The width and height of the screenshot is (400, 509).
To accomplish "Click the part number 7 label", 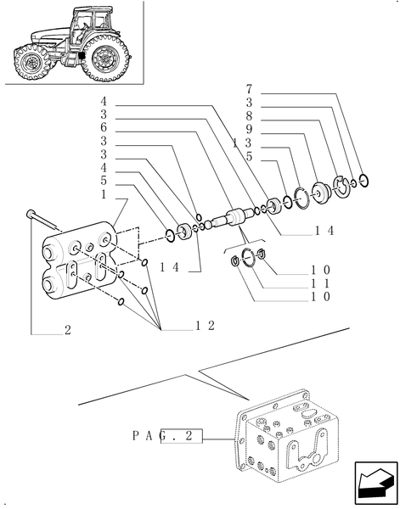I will click(x=249, y=88).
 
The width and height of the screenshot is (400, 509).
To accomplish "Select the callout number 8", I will click(x=249, y=115).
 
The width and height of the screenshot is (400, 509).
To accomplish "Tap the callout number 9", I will click(x=249, y=129).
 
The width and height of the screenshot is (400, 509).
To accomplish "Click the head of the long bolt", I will click(x=31, y=213).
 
